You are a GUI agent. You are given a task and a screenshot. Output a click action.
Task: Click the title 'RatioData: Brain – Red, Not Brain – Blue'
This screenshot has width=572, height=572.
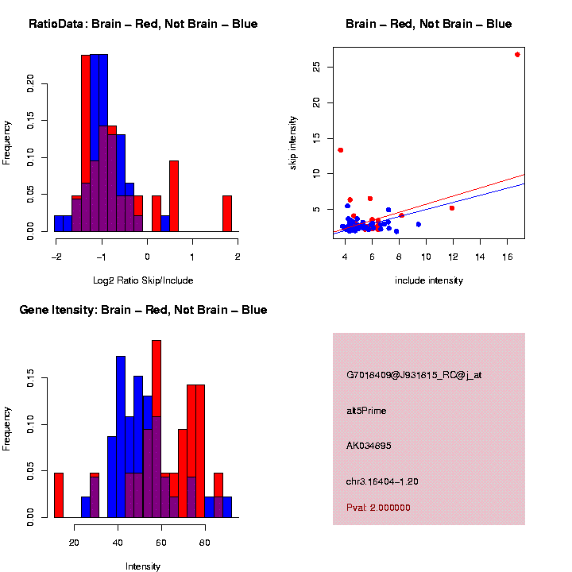click(x=143, y=25)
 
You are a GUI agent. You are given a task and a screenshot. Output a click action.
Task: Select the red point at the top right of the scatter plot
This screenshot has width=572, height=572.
click(x=517, y=55)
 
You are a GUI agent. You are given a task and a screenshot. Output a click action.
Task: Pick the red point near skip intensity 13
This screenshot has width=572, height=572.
click(x=341, y=150)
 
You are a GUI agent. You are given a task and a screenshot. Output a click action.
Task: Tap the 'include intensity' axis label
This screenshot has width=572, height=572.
click(x=429, y=280)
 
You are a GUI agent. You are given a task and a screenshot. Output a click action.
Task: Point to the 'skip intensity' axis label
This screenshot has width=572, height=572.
click(x=293, y=141)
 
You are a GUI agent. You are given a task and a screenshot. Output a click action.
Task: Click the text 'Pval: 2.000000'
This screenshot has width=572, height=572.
click(x=378, y=508)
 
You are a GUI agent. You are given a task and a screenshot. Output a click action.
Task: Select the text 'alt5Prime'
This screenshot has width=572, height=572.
click(x=366, y=411)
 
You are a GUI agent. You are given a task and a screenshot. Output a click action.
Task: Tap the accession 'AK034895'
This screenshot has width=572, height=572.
click(x=369, y=446)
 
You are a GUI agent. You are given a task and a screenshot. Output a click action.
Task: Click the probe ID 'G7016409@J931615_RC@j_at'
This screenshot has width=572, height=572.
click(x=414, y=375)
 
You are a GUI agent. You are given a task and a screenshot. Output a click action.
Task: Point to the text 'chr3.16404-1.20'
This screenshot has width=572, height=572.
click(x=382, y=481)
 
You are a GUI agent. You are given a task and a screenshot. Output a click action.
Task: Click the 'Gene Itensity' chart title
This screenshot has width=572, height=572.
click(x=143, y=310)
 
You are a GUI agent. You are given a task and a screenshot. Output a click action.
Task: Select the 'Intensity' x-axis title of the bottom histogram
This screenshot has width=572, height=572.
click(x=143, y=566)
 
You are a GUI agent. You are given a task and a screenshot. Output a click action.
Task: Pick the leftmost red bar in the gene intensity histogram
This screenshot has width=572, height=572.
click(x=59, y=495)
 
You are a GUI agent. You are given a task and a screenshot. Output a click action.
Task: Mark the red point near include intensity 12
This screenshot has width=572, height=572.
click(x=452, y=208)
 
